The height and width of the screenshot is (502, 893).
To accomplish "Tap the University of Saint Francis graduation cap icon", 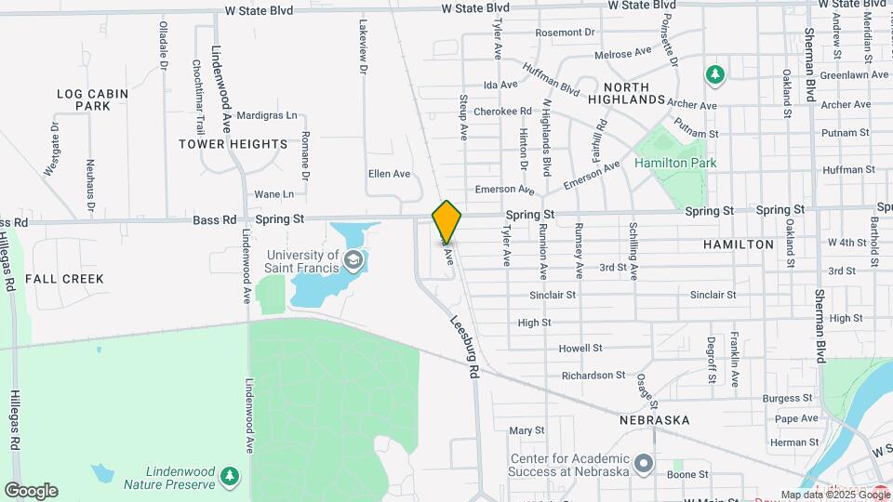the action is pyautogui.click(x=353, y=259).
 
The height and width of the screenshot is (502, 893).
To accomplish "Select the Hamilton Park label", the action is pyautogui.click(x=675, y=163).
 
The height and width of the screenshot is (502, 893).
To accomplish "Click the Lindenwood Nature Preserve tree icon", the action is pyautogui.click(x=229, y=477).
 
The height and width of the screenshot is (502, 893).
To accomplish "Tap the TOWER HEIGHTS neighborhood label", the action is pyautogui.click(x=233, y=144).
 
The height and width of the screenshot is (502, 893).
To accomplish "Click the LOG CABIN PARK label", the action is pyautogui.click(x=84, y=99).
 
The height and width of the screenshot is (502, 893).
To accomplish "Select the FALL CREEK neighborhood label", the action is pyautogui.click(x=64, y=279).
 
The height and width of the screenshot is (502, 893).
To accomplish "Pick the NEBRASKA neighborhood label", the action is pyautogui.click(x=655, y=420).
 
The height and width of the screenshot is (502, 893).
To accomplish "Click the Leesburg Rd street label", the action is pyautogui.click(x=463, y=345).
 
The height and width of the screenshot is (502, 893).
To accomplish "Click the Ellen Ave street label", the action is pyautogui.click(x=389, y=174).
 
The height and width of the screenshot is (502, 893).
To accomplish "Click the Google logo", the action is pyautogui.click(x=31, y=490).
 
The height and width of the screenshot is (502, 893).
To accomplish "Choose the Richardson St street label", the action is pyautogui.click(x=593, y=376).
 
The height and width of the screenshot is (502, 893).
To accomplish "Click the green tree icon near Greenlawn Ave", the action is pyautogui.click(x=714, y=73).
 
